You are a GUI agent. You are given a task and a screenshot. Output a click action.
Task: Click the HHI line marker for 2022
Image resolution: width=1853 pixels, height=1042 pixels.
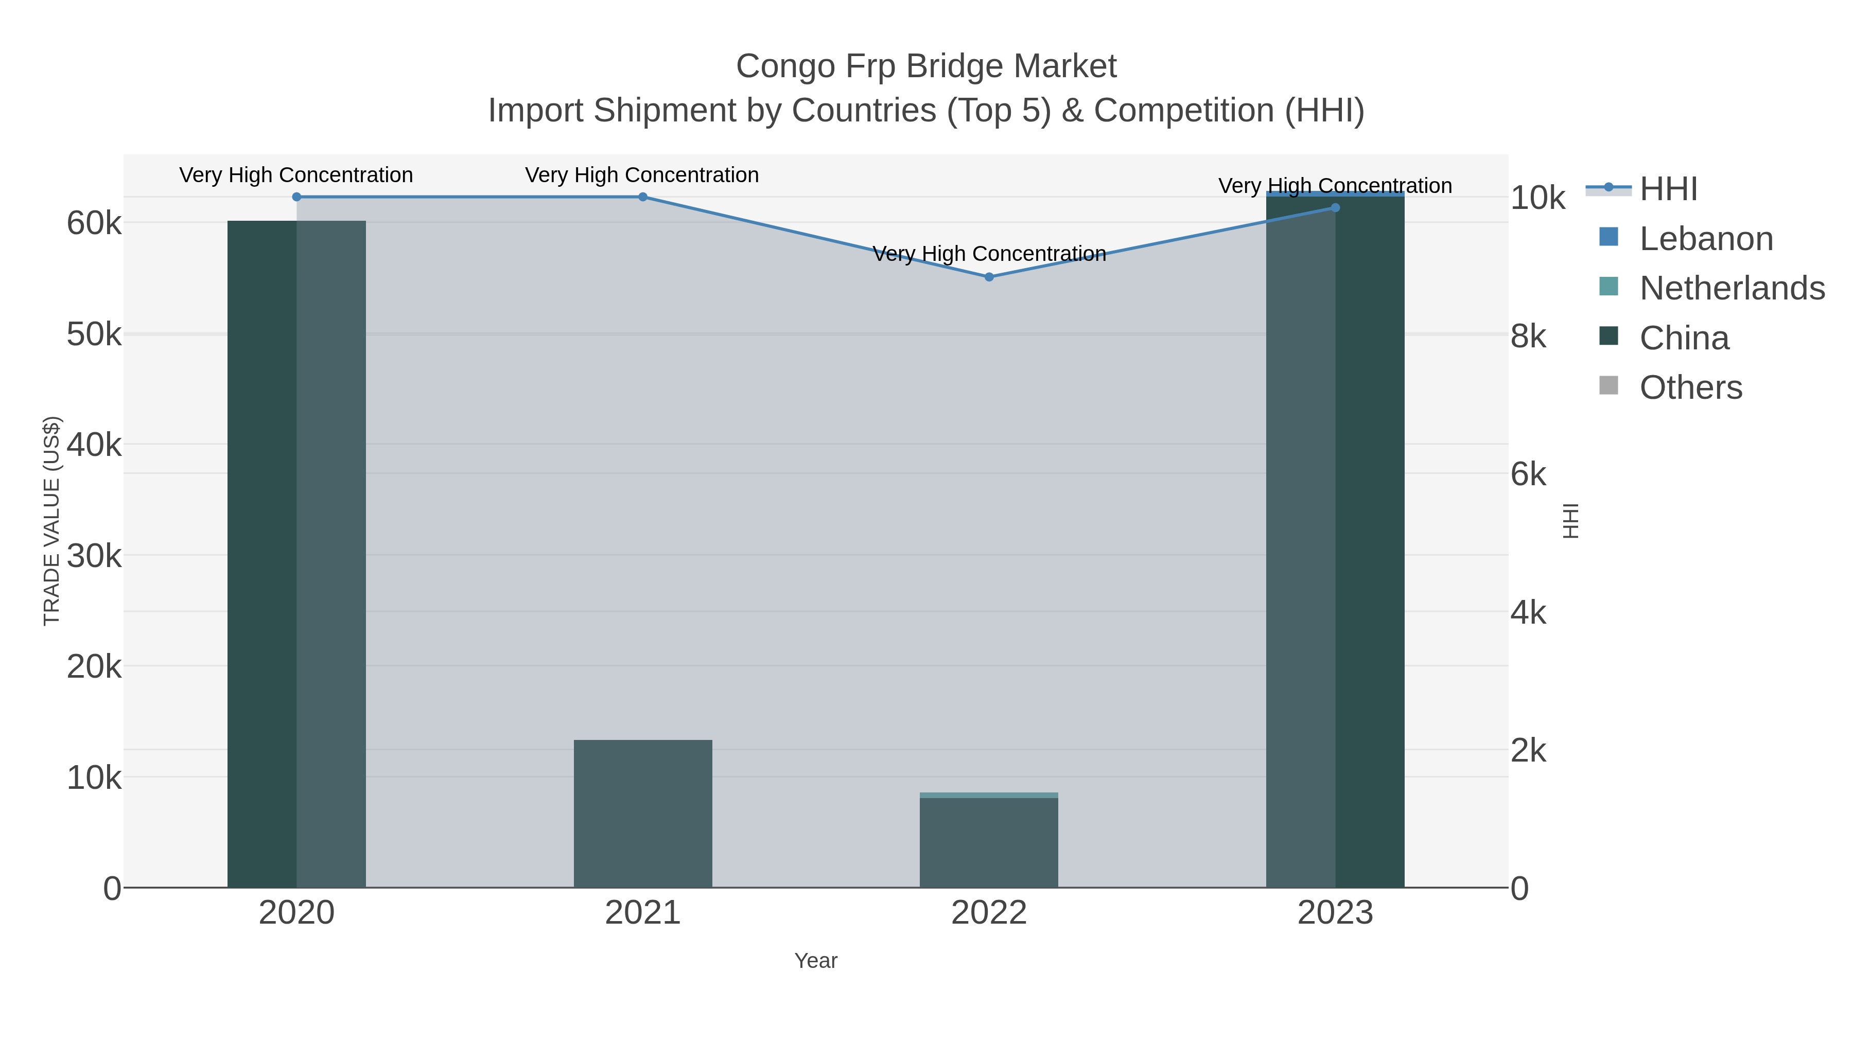989,277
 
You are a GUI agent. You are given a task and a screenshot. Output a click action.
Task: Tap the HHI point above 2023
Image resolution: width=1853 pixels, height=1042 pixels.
1335,208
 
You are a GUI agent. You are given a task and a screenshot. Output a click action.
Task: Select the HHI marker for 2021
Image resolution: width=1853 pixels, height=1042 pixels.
643,197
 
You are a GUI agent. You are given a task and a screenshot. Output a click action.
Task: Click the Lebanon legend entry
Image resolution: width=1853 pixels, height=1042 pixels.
1706,239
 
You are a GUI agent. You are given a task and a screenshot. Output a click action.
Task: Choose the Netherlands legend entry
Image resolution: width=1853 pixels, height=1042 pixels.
1732,288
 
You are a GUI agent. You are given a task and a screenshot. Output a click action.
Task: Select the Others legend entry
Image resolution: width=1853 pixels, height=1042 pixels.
1690,387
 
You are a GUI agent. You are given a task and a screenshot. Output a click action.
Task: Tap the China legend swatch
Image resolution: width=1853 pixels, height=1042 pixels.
1609,337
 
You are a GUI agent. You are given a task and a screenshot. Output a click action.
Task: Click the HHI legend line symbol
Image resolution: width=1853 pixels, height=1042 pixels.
1609,188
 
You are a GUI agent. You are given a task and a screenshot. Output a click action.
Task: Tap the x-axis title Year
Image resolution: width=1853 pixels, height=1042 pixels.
816,961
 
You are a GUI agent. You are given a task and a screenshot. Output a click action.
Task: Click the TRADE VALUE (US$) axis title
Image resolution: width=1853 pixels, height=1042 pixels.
52,521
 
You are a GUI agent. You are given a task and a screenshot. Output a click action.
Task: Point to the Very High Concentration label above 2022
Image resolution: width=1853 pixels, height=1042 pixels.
989,254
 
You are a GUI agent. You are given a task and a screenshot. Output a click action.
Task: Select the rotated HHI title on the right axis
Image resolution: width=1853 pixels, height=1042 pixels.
1572,521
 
